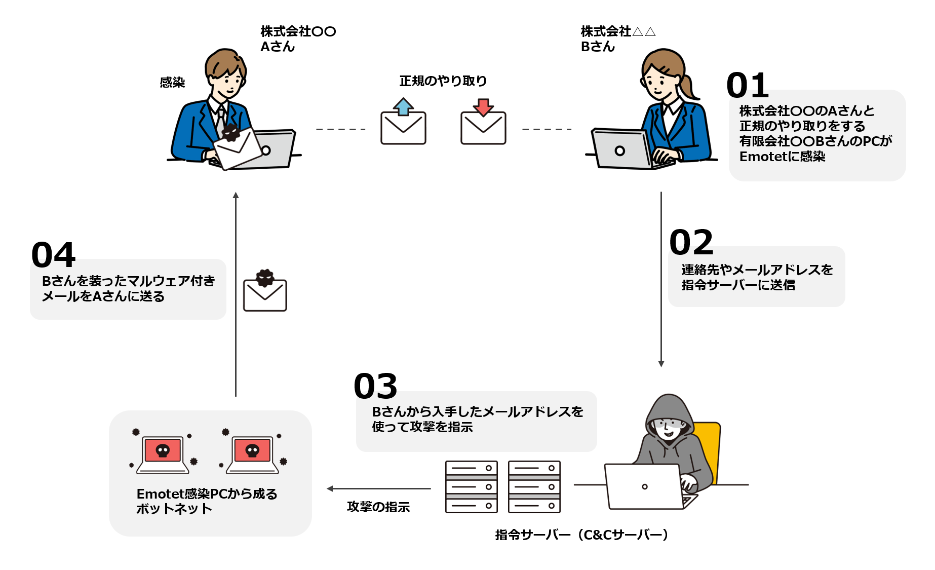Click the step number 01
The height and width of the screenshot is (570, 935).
747,86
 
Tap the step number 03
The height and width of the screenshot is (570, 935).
375,386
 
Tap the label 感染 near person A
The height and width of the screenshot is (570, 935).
172,82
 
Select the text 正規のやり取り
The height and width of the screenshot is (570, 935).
443,81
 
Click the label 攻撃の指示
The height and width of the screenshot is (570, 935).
378,507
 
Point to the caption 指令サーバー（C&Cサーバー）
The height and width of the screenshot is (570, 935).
581,535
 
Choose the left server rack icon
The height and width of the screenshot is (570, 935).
471,487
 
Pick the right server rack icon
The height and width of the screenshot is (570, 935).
534,487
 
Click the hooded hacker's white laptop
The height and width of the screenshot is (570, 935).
645,486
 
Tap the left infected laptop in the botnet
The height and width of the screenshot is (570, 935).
163,453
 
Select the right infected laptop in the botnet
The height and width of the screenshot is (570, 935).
252,453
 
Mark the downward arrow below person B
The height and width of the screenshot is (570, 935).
661,279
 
